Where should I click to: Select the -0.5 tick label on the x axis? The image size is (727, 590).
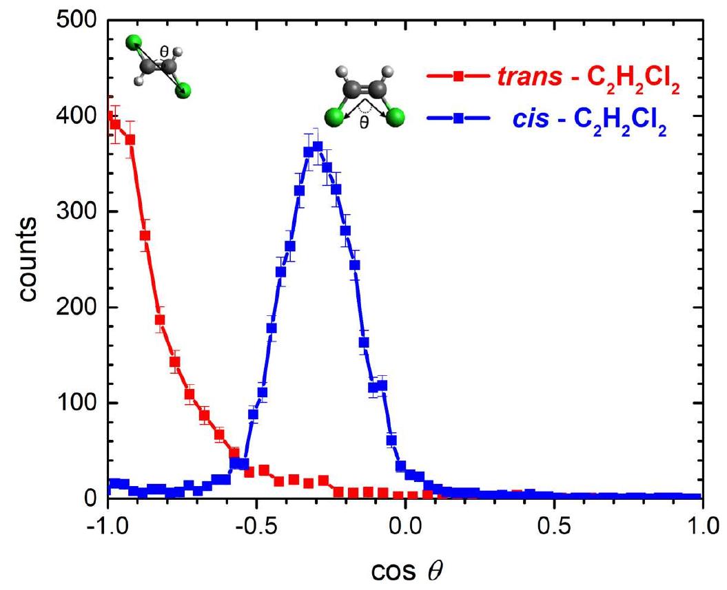pos(256,527)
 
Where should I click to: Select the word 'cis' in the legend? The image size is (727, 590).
pos(531,118)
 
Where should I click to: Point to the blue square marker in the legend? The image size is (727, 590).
pos(458,118)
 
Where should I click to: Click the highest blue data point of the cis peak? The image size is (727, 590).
pos(318,147)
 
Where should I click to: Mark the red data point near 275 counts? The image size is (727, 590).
pos(145,235)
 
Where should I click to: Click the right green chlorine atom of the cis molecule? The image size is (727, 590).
pos(395,118)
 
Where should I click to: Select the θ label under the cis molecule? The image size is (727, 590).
pos(365,123)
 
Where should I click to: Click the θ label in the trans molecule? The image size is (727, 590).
pos(164,52)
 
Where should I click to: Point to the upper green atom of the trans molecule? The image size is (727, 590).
pos(134,43)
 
